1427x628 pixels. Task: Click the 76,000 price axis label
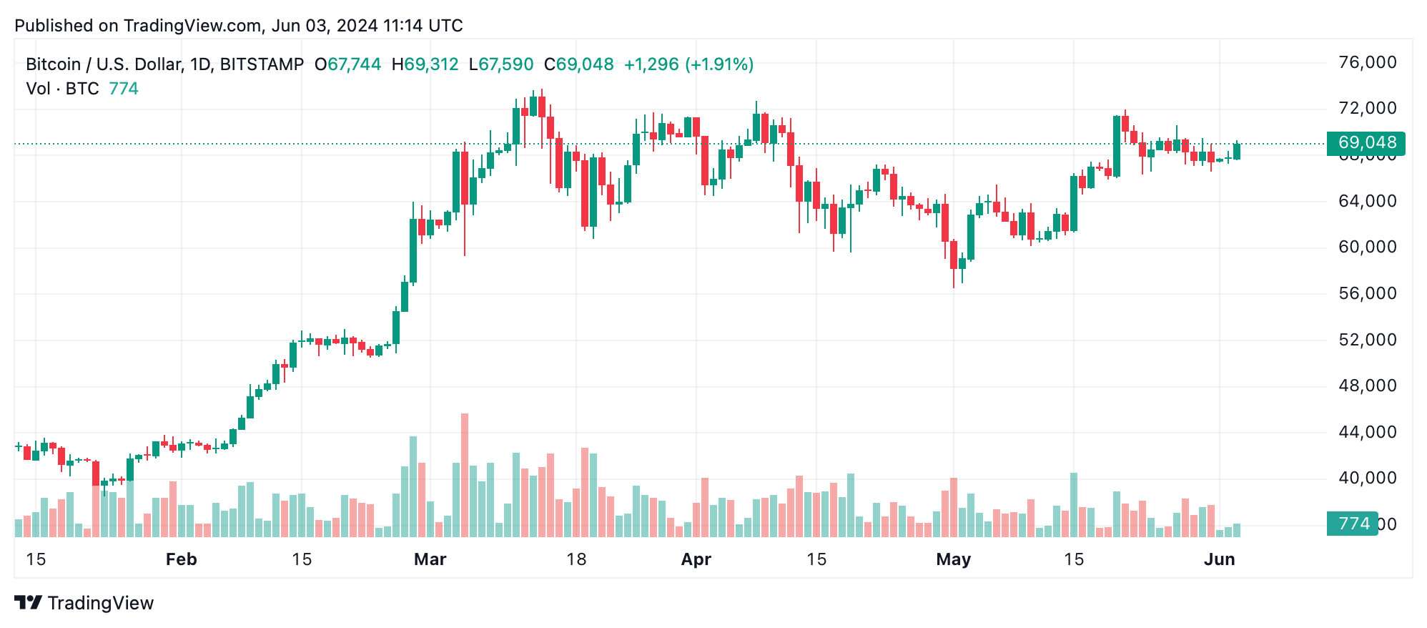(x=1367, y=63)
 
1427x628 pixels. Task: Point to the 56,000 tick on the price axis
(x=1367, y=294)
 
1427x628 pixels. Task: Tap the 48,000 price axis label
(x=1367, y=386)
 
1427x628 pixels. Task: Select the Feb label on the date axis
(x=181, y=559)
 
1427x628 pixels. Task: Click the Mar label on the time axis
(x=430, y=559)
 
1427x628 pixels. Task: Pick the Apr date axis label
(x=696, y=559)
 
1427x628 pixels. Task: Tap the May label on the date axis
(x=953, y=559)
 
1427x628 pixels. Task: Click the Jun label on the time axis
(x=1219, y=559)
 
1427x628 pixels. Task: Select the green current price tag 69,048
(x=1366, y=143)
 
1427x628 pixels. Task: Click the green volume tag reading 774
(x=1353, y=524)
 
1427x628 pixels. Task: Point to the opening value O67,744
(x=348, y=64)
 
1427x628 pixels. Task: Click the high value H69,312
(x=425, y=64)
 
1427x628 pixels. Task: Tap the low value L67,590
(x=501, y=64)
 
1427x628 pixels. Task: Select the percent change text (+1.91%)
(x=719, y=64)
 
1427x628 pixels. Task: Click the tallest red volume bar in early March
(x=465, y=475)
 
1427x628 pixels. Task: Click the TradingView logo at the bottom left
(x=84, y=603)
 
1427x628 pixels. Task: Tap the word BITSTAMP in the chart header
(x=262, y=64)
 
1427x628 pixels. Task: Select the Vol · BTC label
(x=62, y=89)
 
